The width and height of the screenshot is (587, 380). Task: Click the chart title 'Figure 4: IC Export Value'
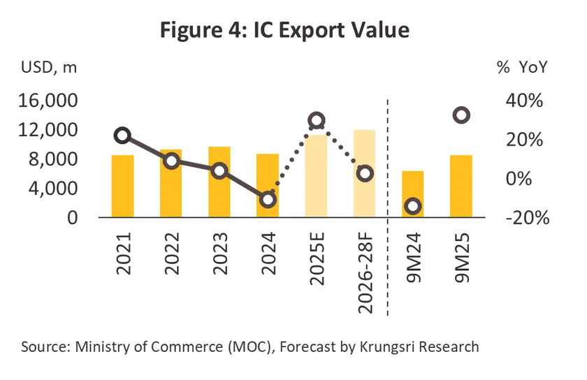(293, 30)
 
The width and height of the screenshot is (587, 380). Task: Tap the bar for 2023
(219, 183)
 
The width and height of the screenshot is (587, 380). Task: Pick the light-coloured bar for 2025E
(316, 178)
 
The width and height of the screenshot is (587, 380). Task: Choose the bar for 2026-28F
(364, 175)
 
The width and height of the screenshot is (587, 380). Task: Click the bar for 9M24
(412, 196)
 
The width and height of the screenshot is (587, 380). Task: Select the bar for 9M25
(461, 187)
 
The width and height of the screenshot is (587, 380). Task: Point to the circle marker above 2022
(171, 161)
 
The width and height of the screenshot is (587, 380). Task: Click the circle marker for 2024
(268, 199)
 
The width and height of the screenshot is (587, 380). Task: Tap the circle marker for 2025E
(316, 120)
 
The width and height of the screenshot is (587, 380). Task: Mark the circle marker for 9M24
(412, 205)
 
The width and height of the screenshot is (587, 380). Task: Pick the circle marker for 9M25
(461, 115)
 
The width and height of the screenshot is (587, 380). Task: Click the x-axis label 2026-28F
(365, 269)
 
